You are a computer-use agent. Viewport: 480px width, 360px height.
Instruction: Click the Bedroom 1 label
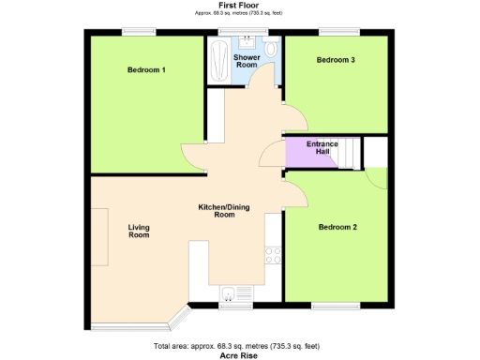coord(146,70)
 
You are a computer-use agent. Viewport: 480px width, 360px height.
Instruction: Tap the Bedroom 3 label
coord(335,60)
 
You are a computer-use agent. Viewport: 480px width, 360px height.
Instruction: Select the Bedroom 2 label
coord(337,227)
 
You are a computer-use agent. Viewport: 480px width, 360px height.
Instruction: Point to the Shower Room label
coord(246,61)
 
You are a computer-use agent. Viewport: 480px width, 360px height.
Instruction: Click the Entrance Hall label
coord(322,148)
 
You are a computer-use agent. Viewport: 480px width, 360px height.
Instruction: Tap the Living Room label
coord(139,231)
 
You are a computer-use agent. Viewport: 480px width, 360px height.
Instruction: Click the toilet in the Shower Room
coord(270,50)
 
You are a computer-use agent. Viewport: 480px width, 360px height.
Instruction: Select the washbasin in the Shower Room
coord(246,42)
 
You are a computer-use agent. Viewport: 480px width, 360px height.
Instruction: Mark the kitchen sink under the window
coord(232,294)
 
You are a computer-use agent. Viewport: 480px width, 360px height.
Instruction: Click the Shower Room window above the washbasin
coord(231,32)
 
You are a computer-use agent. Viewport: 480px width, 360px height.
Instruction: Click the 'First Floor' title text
coord(239,6)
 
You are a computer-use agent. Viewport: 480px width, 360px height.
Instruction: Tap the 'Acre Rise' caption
coord(238,355)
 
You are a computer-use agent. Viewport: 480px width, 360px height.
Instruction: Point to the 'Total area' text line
coord(238,347)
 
